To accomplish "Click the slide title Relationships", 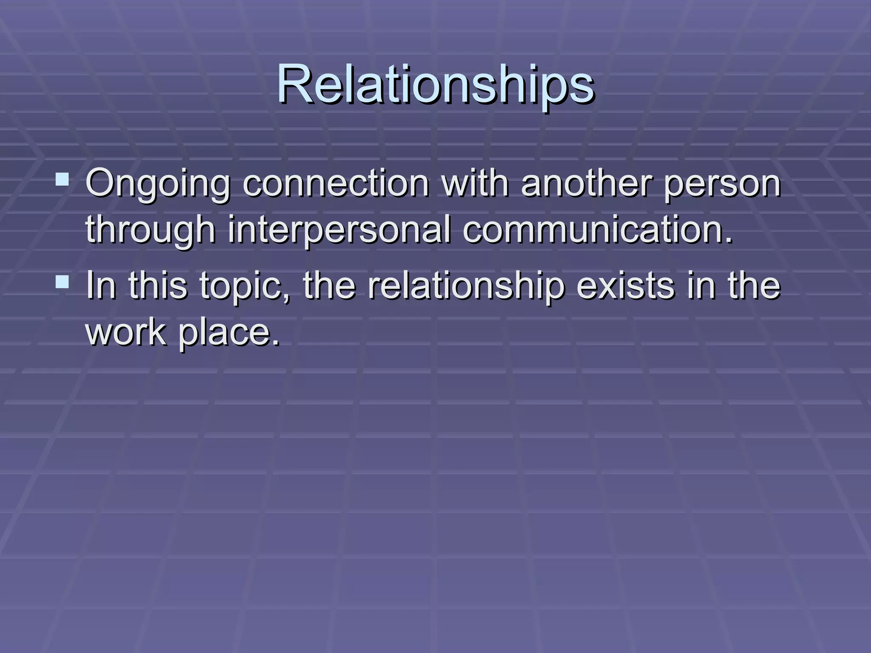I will [435, 85].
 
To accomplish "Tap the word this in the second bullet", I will [158, 285].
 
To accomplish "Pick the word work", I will [126, 332].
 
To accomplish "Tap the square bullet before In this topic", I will [63, 281].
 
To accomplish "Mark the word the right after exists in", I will [754, 285].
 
